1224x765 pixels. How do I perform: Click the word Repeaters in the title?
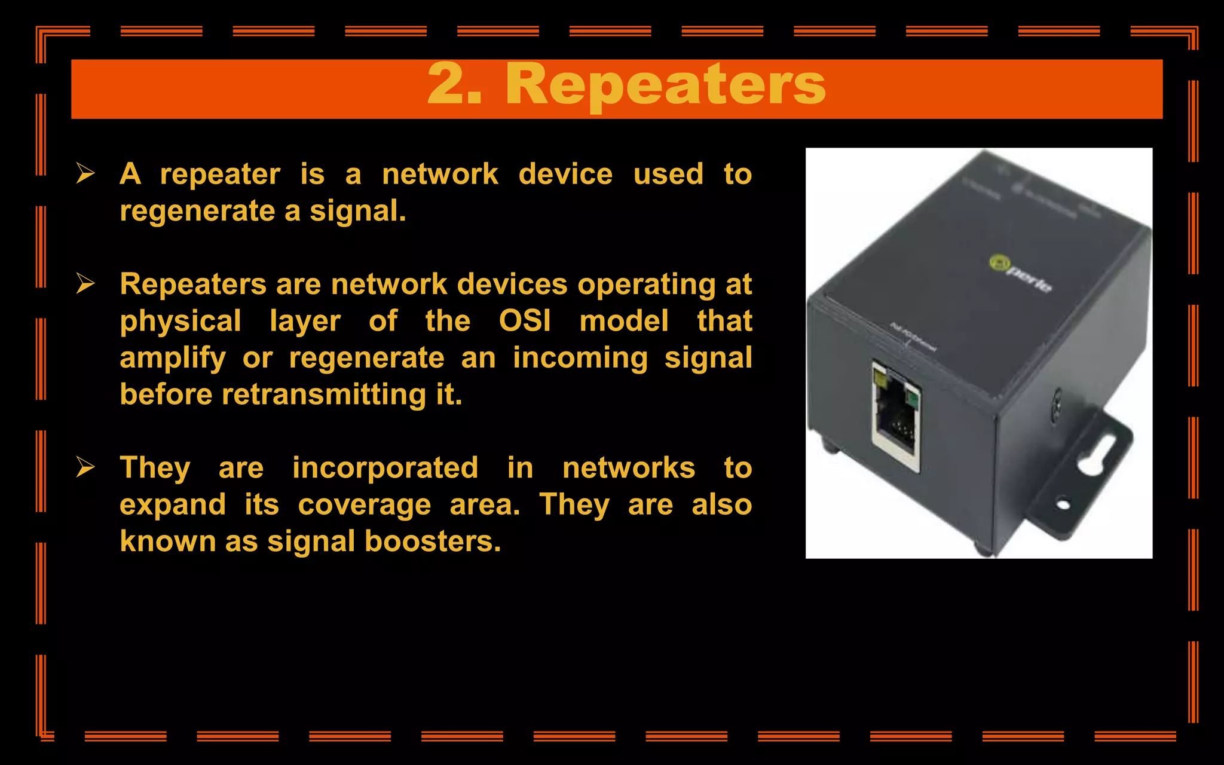point(665,85)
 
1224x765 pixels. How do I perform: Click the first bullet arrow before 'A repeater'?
point(85,174)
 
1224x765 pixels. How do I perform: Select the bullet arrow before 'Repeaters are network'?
point(85,284)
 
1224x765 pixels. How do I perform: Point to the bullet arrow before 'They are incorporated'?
point(85,467)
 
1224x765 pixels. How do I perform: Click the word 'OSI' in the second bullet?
point(525,321)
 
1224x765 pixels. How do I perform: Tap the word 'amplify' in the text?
point(173,359)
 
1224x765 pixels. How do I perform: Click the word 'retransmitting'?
point(323,395)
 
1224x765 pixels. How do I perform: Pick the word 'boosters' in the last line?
point(432,541)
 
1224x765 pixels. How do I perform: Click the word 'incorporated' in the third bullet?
point(385,468)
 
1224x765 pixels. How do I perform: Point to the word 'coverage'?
point(365,506)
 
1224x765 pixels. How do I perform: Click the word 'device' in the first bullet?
point(565,175)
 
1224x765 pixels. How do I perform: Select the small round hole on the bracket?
point(1063,505)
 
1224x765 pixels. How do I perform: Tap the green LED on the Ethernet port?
point(912,397)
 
